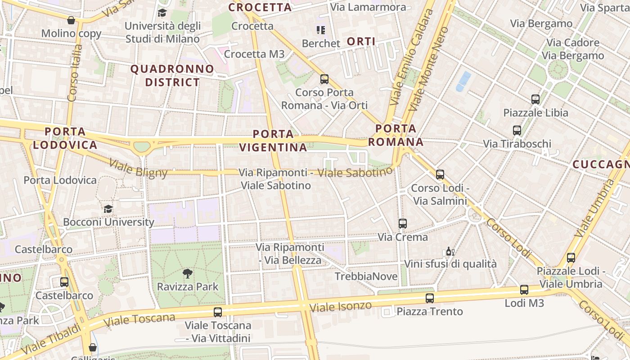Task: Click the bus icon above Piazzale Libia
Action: click(535, 99)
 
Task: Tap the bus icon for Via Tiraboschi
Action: click(517, 130)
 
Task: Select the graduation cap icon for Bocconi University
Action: click(108, 209)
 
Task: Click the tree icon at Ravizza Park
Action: click(187, 273)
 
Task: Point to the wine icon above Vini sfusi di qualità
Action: click(450, 251)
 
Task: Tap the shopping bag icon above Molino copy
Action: click(71, 20)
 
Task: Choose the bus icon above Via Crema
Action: click(402, 223)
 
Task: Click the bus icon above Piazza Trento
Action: click(429, 298)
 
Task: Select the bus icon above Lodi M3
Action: click(524, 290)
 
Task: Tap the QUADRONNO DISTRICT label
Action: click(172, 76)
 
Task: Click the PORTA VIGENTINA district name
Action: click(273, 140)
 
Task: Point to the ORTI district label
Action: click(361, 42)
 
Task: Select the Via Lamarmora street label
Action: click(368, 7)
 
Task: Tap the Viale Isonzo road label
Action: click(341, 307)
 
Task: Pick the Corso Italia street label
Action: click(74, 72)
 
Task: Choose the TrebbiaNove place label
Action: click(366, 276)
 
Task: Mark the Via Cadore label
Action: click(573, 43)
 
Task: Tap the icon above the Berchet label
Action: click(320, 30)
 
